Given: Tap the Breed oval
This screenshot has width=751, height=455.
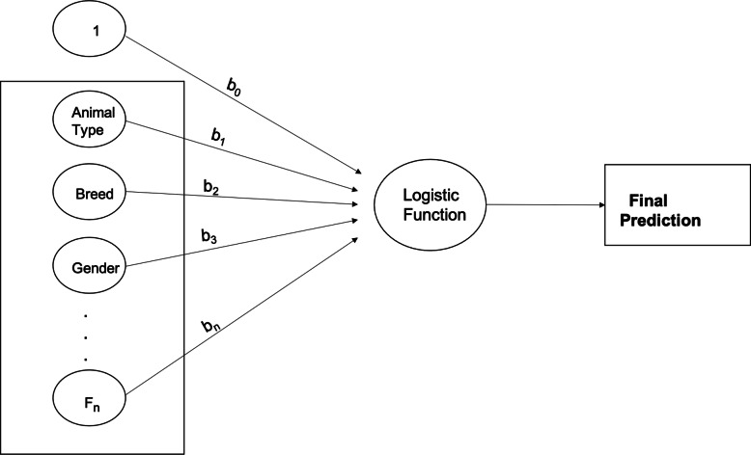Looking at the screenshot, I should (x=94, y=194).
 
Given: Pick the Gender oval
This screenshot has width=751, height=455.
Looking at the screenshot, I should (x=94, y=268).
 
